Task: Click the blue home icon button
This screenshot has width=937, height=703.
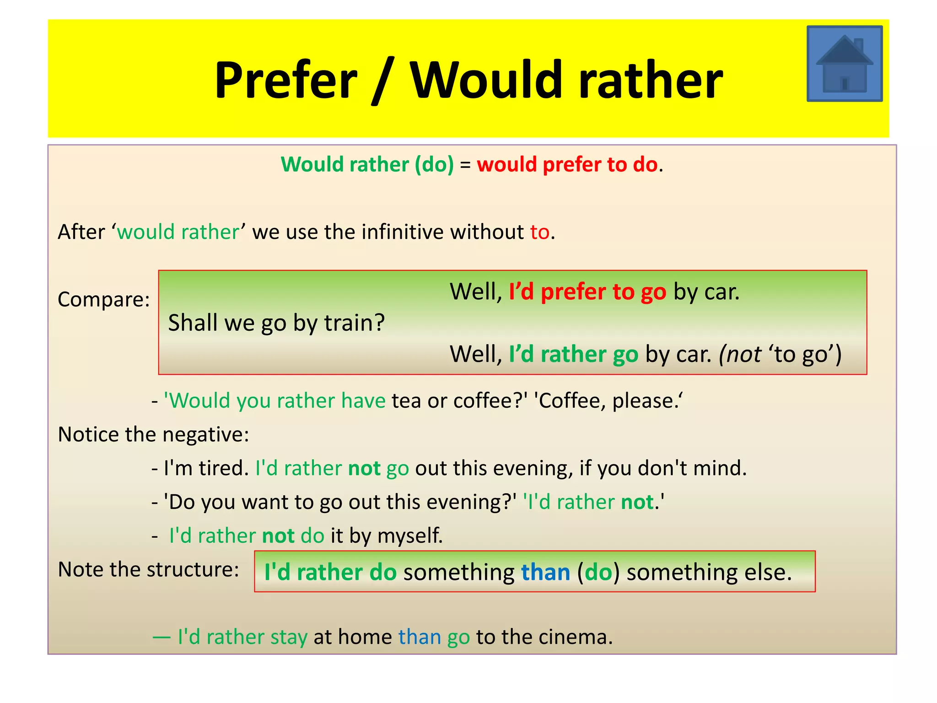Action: [x=844, y=64]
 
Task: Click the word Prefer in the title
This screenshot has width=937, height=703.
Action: [x=285, y=81]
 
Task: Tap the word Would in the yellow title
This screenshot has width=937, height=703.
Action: [x=485, y=81]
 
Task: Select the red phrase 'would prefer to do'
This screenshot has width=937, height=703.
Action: [x=567, y=164]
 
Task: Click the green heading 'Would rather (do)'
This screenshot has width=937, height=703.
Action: [x=367, y=164]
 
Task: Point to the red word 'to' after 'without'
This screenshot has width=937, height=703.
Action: [x=539, y=232]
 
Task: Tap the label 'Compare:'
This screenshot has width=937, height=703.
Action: [x=104, y=300]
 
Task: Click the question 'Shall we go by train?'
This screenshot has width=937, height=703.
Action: [x=276, y=323]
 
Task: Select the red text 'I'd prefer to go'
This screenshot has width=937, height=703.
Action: [x=587, y=292]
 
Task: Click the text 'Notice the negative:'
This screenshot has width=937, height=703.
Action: [x=153, y=434]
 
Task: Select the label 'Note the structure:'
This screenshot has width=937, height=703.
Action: [x=148, y=569]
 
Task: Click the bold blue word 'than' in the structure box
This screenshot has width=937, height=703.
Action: [x=545, y=573]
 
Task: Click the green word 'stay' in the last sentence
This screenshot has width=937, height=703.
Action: [x=289, y=637]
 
